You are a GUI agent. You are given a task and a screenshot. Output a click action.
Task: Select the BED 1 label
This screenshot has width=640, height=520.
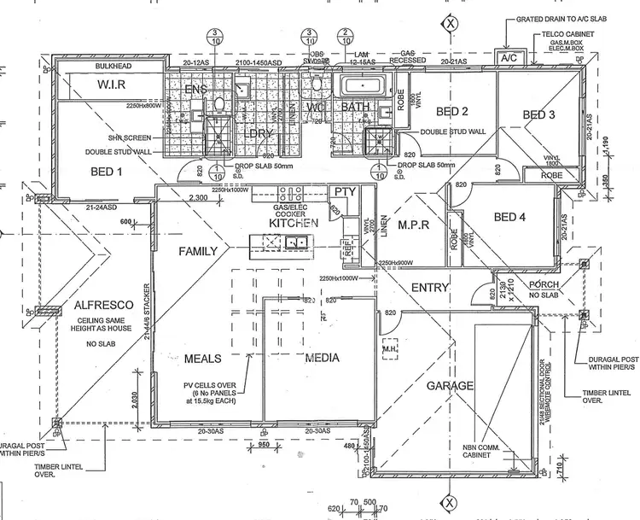(108, 172)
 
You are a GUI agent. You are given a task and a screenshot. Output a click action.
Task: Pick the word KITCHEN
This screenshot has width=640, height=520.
(293, 223)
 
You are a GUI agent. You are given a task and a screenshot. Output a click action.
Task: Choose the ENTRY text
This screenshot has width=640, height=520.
(430, 289)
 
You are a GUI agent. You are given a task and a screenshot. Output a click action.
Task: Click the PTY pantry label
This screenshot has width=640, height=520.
(345, 192)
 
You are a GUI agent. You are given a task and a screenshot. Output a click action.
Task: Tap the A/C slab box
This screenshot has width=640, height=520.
(510, 58)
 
